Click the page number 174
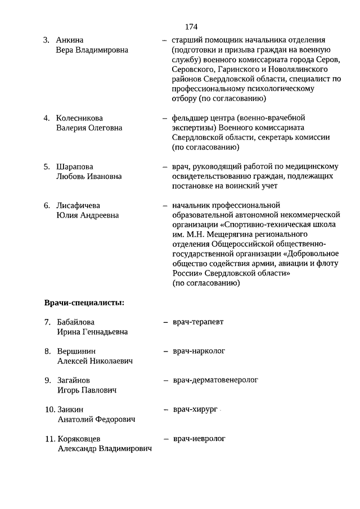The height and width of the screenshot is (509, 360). (x=191, y=26)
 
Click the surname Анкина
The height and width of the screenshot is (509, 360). (x=70, y=40)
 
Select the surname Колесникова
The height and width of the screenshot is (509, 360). (x=79, y=118)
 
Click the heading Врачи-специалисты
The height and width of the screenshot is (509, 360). (x=84, y=303)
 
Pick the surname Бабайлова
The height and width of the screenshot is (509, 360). (x=76, y=322)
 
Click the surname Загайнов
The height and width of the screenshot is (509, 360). (x=74, y=381)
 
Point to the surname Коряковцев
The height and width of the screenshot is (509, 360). (x=80, y=439)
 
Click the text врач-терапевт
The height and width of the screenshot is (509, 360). (x=198, y=322)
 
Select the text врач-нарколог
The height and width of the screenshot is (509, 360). (x=199, y=351)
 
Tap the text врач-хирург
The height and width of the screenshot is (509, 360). (x=195, y=409)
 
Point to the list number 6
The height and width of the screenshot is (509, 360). (x=47, y=205)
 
